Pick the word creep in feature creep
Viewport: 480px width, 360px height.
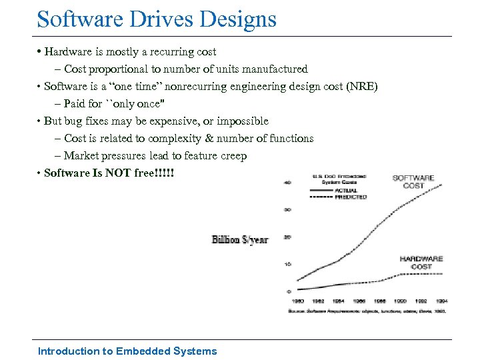click(x=232, y=155)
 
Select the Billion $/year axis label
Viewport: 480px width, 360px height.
click(x=240, y=239)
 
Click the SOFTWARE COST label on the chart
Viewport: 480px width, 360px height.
click(x=413, y=181)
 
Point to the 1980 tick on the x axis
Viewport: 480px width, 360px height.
click(x=298, y=301)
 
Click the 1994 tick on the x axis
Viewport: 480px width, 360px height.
click(x=441, y=301)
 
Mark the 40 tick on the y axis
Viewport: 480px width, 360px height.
click(x=288, y=182)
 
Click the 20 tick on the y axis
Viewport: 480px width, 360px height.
click(x=288, y=237)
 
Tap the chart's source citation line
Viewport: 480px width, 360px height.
click(x=366, y=310)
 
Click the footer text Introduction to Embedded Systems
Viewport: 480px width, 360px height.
click(x=127, y=351)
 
